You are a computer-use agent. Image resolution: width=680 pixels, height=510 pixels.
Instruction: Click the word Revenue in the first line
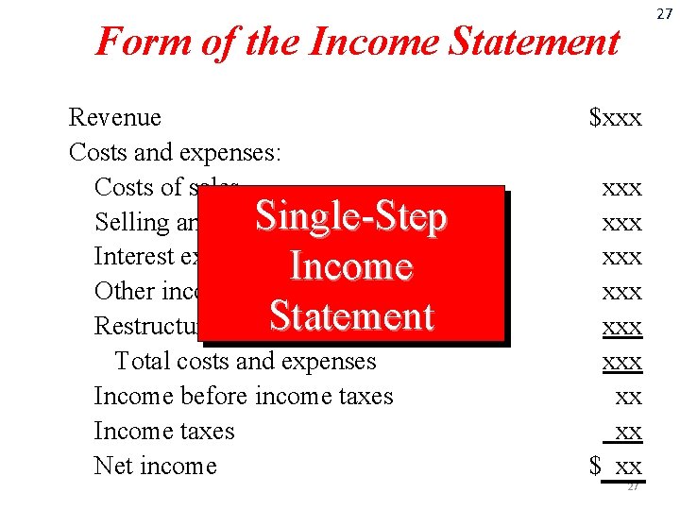pos(114,118)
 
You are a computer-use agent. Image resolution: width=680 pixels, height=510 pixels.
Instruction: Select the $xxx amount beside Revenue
pos(615,118)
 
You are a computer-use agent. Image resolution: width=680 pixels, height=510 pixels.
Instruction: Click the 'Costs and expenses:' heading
pos(178,152)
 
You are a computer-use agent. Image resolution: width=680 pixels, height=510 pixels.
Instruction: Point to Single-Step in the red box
pos(351,217)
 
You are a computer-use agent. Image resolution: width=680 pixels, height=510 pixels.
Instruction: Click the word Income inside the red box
pos(351,266)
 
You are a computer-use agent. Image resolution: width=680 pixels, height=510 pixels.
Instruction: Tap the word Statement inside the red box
pos(351,315)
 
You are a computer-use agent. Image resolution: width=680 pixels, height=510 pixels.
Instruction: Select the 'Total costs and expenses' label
pos(245,361)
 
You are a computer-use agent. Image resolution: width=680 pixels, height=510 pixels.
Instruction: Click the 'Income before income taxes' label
pos(244,396)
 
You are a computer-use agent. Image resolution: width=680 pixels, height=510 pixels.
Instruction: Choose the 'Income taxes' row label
pos(164,431)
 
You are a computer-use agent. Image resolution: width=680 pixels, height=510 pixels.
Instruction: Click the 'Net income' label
pos(155,466)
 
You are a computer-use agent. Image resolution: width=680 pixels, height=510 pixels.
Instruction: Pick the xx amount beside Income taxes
pos(627,432)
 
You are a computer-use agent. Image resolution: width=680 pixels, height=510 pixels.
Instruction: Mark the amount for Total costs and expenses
pos(621,362)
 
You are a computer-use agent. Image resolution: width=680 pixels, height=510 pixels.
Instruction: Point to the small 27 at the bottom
pos(633,486)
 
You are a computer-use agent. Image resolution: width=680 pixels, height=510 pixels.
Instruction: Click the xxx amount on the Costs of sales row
pos(621,188)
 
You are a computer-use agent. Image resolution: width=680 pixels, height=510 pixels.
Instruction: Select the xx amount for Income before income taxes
pos(628,397)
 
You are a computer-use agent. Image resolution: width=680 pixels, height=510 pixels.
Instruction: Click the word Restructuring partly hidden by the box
pos(145,326)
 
